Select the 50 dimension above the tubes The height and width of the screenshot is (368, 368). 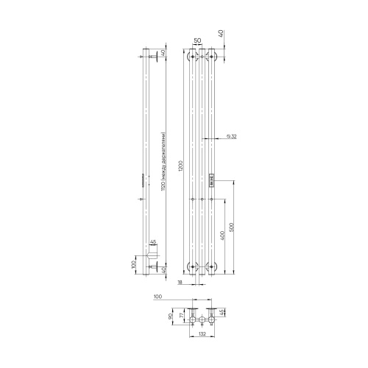(x=197, y=40)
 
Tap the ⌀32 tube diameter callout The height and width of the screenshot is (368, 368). (x=231, y=137)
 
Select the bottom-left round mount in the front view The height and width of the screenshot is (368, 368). (x=192, y=266)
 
